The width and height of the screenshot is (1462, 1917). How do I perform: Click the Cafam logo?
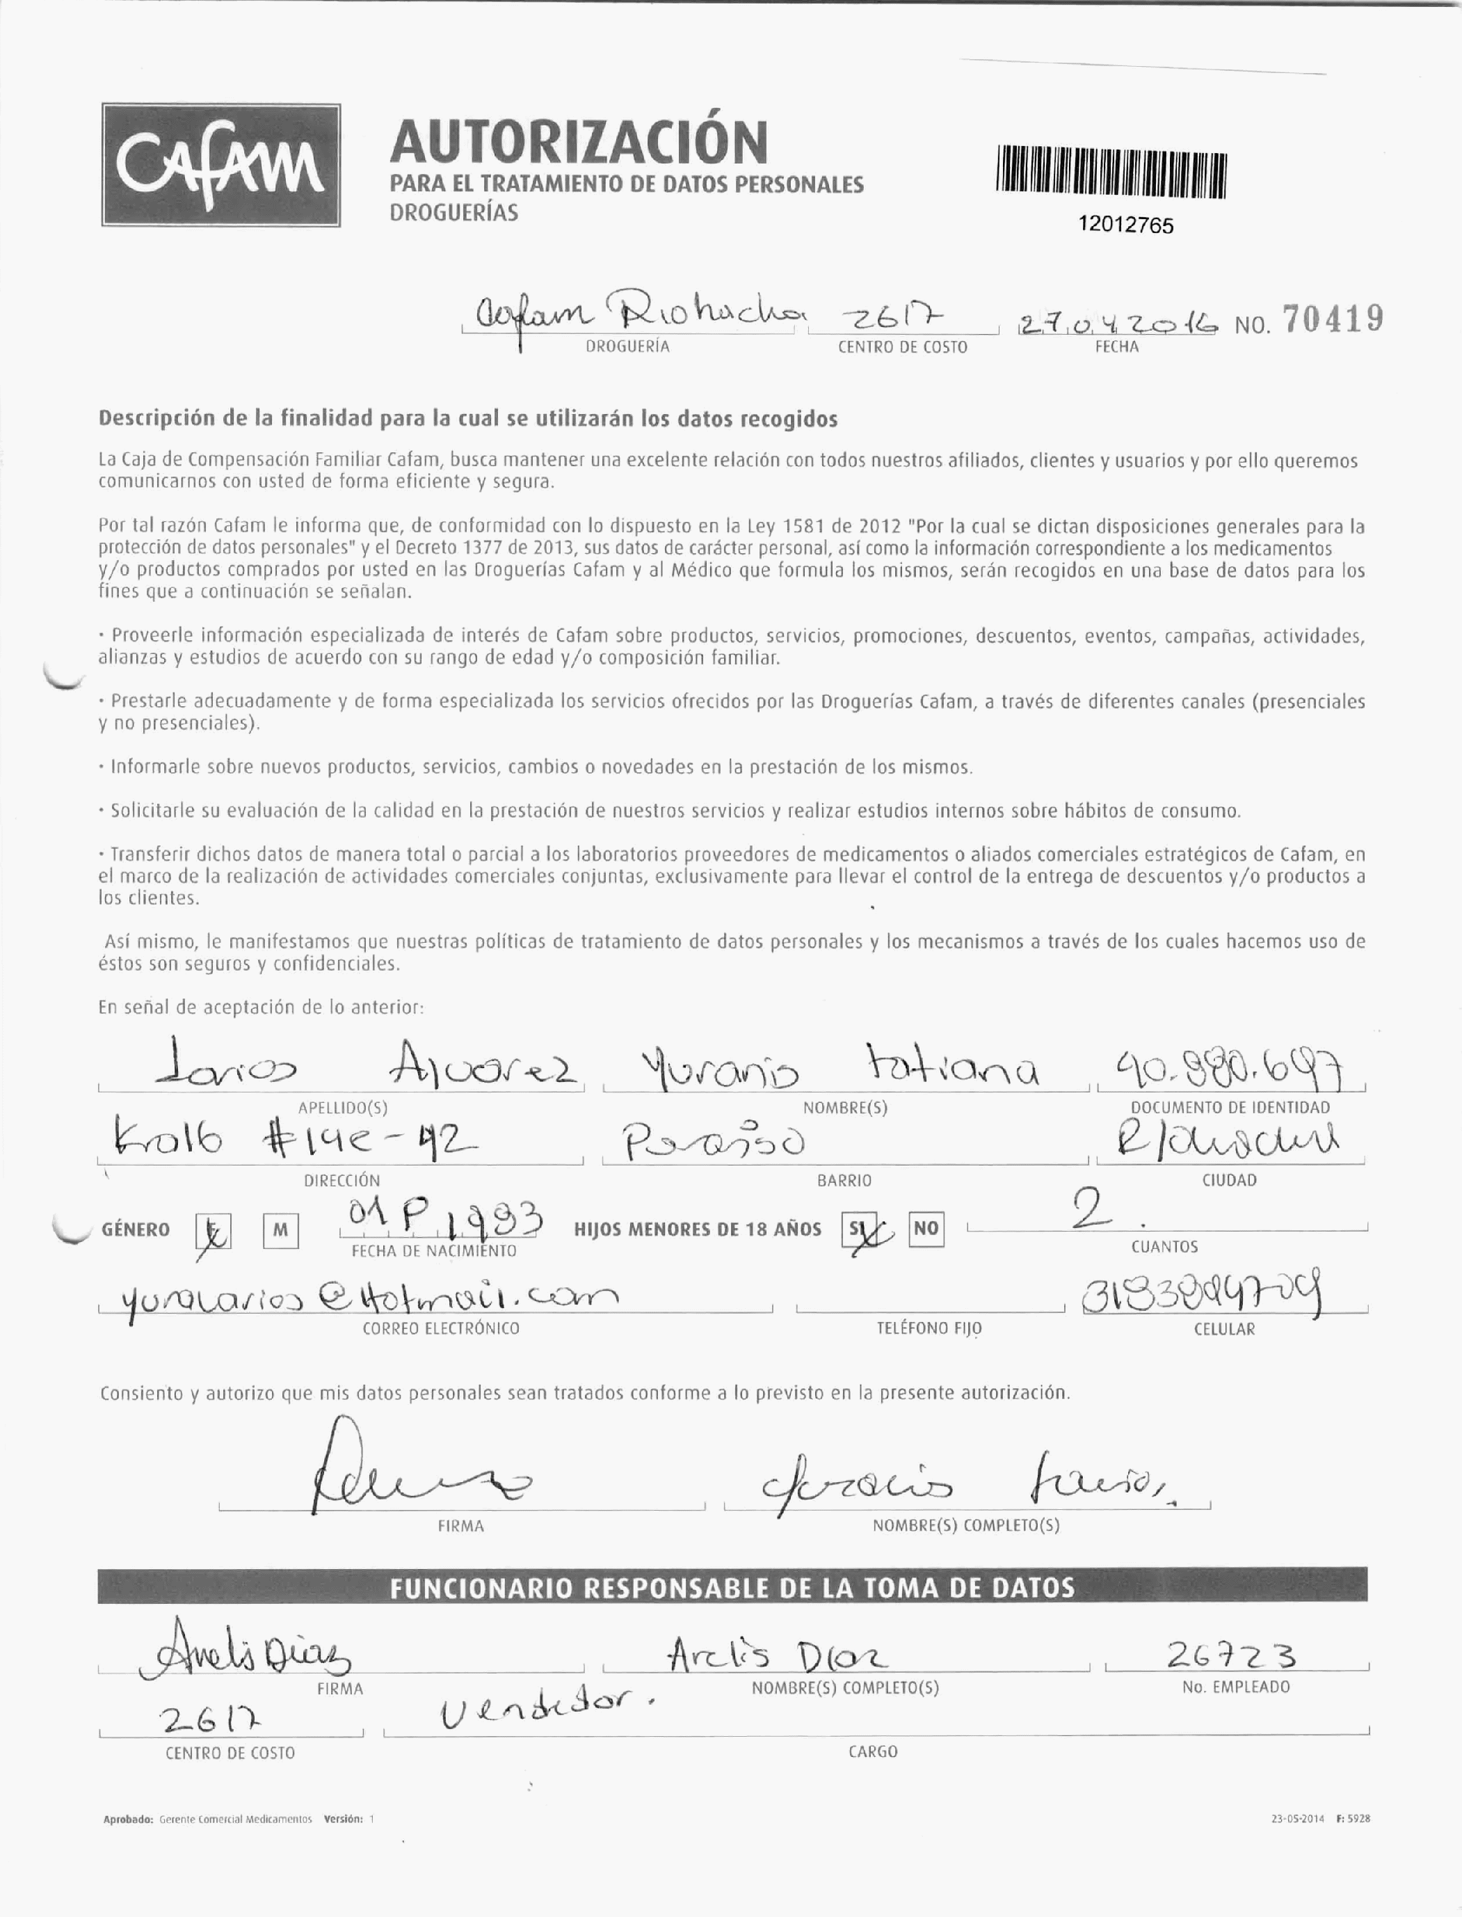221,166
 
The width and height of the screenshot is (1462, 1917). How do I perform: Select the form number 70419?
1333,319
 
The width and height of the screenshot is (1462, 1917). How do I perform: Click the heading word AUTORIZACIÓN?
579,142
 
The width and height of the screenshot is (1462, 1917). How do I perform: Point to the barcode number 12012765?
1125,225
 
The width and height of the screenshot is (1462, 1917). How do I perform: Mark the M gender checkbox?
280,1230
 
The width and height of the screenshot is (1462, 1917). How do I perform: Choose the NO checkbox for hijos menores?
926,1228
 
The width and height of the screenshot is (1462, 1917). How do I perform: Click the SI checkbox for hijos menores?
857,1230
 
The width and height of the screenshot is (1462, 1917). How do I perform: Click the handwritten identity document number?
1228,1072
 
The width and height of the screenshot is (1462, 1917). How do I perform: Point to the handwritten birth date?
441,1220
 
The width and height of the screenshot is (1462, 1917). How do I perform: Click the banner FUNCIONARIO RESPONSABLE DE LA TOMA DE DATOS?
731,1588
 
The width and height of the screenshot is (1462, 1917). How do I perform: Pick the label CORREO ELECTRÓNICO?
440,1328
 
